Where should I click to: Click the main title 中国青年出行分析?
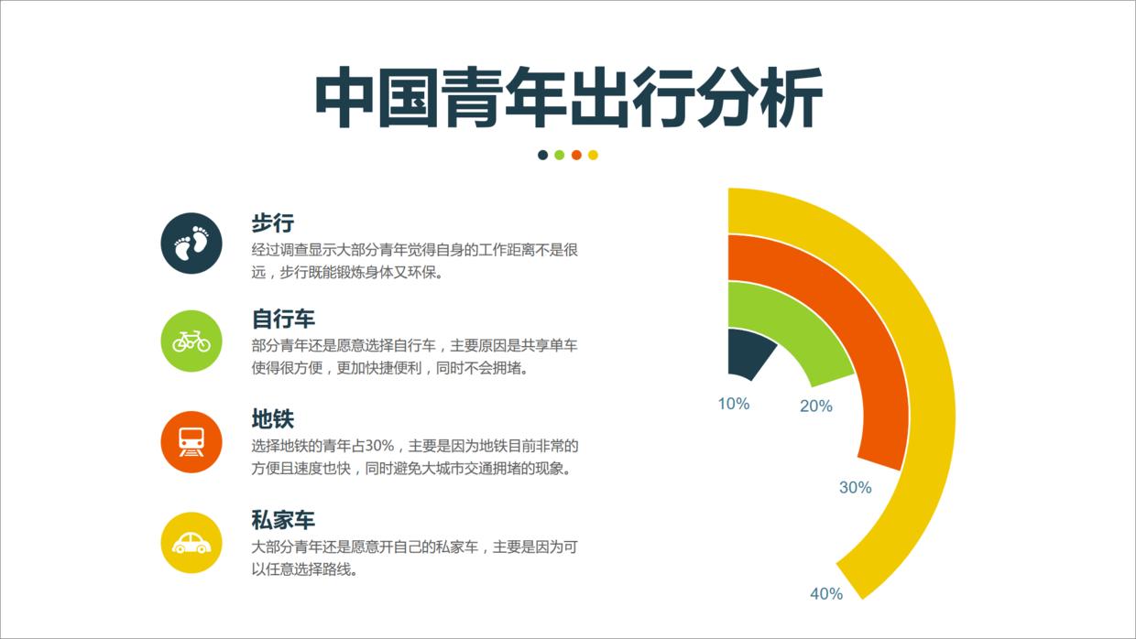568,97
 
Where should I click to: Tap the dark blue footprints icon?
191,243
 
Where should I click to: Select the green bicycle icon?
191,341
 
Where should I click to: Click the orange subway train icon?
191,441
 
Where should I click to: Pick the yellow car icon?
191,542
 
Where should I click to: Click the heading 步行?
272,222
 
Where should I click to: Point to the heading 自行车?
283,319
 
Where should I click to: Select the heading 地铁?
272,419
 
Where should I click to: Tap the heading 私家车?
283,520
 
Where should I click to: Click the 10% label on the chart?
733,404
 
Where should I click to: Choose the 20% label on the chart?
815,406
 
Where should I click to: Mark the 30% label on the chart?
855,488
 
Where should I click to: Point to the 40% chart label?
825,594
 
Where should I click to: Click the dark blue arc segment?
747,352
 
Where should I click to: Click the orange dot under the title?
576,155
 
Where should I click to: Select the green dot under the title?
560,155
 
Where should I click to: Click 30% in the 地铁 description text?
379,447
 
